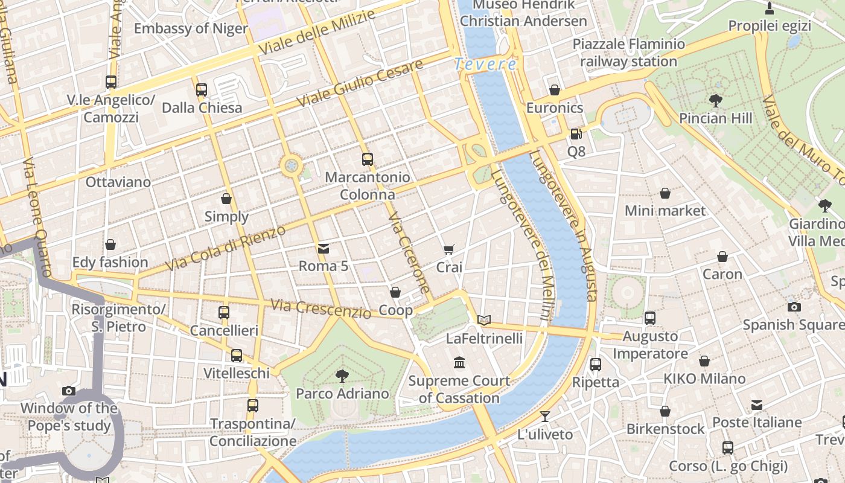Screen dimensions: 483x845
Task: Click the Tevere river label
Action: tap(486, 64)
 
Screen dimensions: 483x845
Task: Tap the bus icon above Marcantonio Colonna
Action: tap(368, 159)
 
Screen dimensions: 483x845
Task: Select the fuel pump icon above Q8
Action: tap(576, 133)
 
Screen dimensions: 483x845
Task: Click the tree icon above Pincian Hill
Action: tap(716, 100)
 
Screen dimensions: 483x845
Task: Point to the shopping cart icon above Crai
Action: tap(448, 249)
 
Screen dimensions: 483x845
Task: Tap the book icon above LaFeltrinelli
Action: tap(484, 320)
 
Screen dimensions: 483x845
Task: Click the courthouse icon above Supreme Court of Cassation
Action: tap(459, 363)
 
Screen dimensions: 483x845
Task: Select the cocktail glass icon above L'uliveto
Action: tap(545, 417)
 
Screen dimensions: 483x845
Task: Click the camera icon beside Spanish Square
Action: tap(794, 307)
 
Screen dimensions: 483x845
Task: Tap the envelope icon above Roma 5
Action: tap(324, 248)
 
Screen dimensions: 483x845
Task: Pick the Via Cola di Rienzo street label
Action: tap(225, 249)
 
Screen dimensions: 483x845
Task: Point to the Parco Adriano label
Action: tap(342, 394)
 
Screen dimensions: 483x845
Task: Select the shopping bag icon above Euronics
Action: tap(555, 90)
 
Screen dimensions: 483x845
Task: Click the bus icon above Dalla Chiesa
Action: tap(202, 90)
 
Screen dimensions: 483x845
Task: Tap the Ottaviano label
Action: tap(118, 182)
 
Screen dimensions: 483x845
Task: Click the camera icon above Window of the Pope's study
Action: tap(69, 391)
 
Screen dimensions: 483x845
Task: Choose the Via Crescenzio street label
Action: tap(320, 309)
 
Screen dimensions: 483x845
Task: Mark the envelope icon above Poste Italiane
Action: tap(757, 405)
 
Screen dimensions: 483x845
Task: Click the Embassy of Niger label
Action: tap(191, 28)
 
